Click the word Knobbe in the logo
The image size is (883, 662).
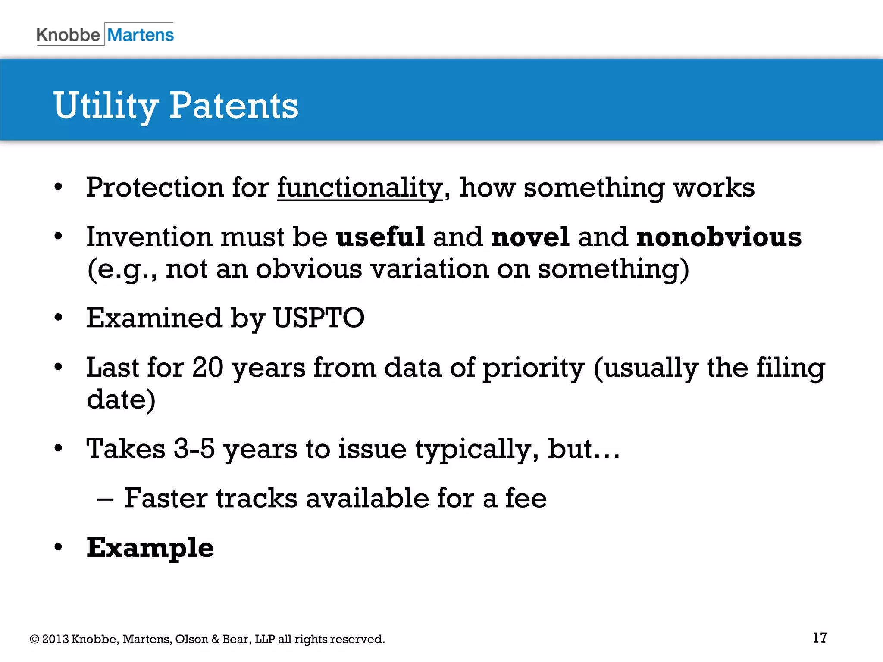[x=68, y=35]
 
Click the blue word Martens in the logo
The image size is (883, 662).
[x=141, y=35]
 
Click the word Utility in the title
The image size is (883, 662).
[x=106, y=106]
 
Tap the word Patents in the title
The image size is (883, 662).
[x=233, y=106]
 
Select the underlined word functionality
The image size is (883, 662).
[x=360, y=188]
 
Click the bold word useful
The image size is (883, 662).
[x=380, y=237]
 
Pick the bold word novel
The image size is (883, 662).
[x=530, y=237]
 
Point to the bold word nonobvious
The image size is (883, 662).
[x=719, y=237]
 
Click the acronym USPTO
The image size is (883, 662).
[x=319, y=318]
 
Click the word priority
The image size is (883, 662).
[x=533, y=368]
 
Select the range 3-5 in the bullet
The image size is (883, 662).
[x=194, y=449]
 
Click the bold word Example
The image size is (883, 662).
[x=150, y=548]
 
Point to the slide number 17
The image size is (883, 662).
[x=820, y=638]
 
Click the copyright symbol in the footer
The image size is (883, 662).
[x=34, y=639]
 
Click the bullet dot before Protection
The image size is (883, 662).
[x=59, y=188]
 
